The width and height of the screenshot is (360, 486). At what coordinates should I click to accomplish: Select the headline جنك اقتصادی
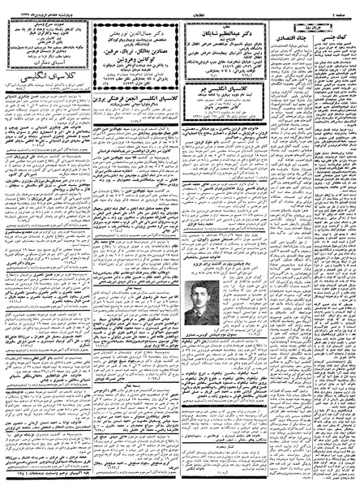285,32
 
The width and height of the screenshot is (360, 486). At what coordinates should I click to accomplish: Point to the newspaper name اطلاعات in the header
179,9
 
